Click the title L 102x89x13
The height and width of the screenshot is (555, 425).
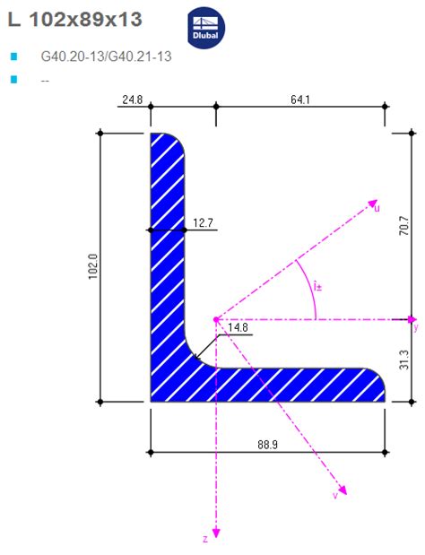[x=75, y=19]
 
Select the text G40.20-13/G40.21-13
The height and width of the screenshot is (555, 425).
[x=106, y=56]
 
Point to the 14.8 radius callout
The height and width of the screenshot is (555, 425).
[x=239, y=327]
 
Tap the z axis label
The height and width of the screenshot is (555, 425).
[x=205, y=540]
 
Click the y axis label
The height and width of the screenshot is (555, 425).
[x=415, y=328]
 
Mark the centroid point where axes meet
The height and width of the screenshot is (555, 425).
[x=216, y=319]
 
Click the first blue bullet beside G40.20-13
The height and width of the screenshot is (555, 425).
[x=13, y=56]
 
